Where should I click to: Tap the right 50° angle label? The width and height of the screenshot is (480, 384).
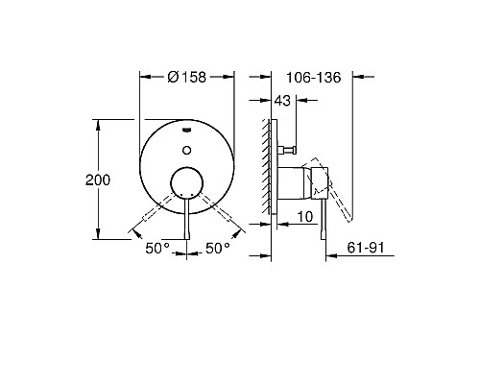(218, 248)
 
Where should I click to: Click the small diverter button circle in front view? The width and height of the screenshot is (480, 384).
(187, 147)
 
